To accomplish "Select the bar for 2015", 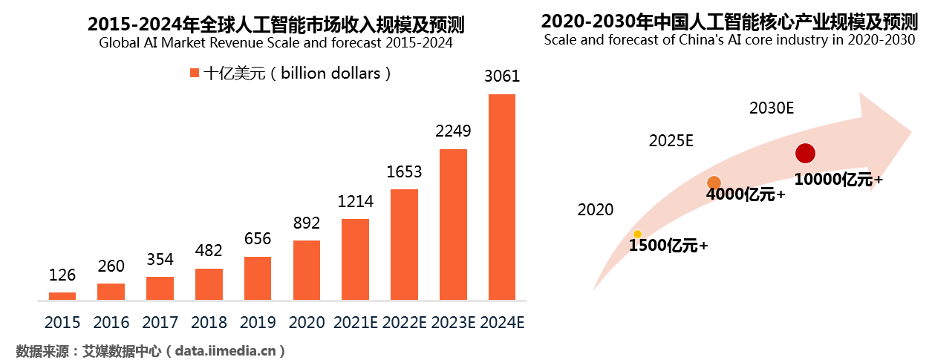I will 62,296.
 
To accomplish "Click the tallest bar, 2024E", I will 502,197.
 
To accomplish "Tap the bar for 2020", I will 307,270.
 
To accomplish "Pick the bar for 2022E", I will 404,245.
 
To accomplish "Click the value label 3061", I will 502,76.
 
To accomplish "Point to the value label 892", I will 307,223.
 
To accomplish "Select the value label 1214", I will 355,201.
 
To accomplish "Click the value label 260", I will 111,266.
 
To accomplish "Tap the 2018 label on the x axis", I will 209,323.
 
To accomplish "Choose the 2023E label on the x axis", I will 453,323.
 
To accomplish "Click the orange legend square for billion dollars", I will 195,73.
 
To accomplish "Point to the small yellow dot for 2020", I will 637,235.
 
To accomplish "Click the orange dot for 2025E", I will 714,183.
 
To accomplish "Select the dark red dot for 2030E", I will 805,154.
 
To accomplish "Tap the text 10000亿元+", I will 838,180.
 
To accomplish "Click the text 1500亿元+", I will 668,246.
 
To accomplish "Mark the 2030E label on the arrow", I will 772,108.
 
